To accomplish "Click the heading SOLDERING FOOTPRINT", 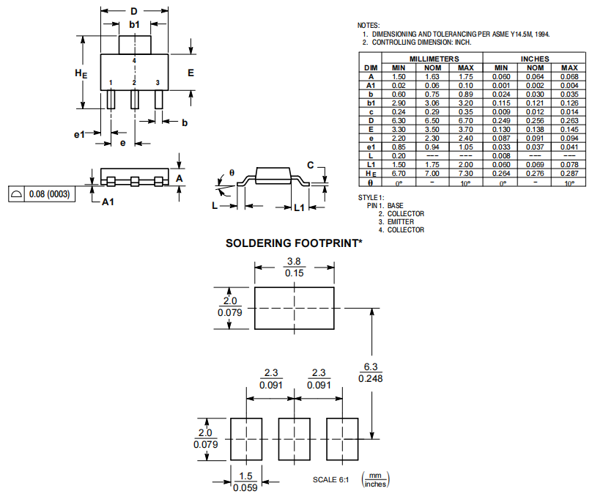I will tap(294, 243).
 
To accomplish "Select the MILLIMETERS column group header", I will tap(434, 59).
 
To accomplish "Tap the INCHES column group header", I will tap(535, 59).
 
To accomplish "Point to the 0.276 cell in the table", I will tap(535, 174).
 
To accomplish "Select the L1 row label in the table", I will tap(371, 165).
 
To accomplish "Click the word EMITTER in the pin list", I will tap(401, 222).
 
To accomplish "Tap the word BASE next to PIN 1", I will tap(396, 206).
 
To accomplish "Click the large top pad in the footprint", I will tap(294, 308).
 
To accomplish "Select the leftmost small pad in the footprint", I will tap(246, 439).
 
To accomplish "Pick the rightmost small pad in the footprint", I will tap(342, 439).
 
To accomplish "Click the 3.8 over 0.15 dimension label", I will tap(294, 268).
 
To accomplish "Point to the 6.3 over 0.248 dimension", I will tap(372, 372).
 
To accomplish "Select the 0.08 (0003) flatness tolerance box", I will tap(43, 194).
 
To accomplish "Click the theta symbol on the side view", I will tap(232, 172).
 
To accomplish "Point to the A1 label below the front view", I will tap(108, 202).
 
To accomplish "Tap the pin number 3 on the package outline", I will tap(158, 83).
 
